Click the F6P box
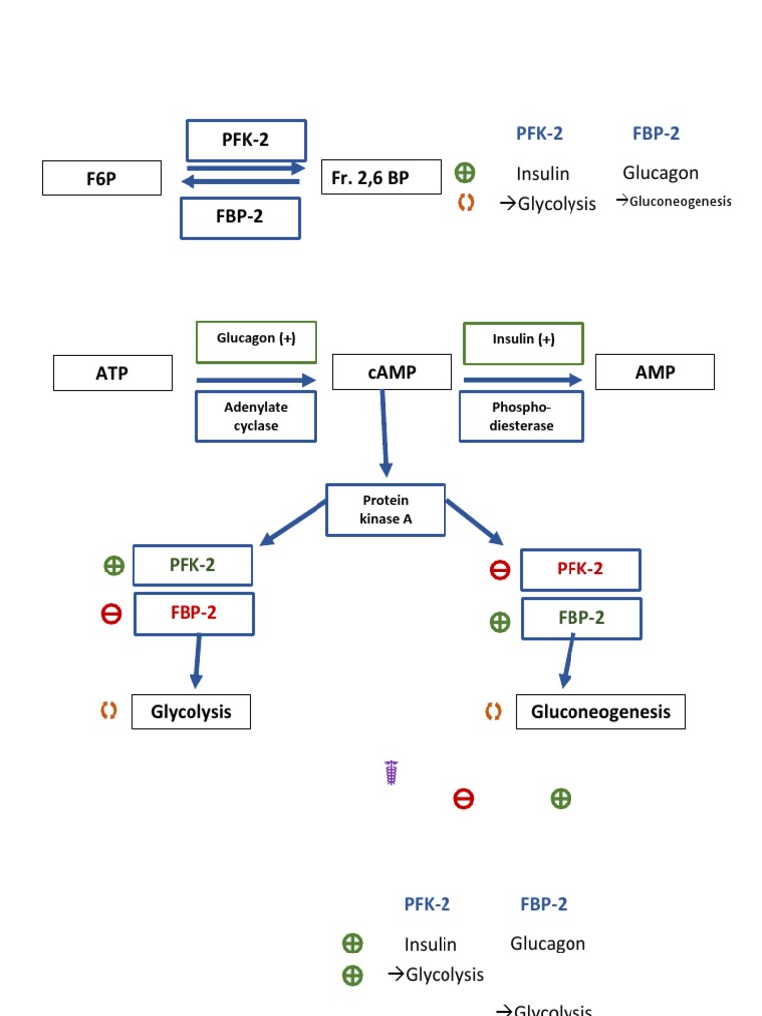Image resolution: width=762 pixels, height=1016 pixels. [x=101, y=178]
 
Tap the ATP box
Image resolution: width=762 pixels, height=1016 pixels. [x=112, y=373]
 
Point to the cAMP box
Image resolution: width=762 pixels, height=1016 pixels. [x=392, y=373]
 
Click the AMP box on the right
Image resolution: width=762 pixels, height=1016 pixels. [x=654, y=372]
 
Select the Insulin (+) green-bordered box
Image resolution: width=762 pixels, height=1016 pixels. [x=524, y=340]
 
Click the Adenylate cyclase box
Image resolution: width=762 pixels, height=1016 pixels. [x=256, y=416]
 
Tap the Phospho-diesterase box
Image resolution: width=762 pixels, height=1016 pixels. [x=522, y=416]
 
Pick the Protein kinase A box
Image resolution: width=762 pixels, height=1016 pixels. [x=386, y=510]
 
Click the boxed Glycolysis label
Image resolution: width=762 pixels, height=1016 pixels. [x=190, y=711]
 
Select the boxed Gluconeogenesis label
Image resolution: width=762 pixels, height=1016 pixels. [x=600, y=712]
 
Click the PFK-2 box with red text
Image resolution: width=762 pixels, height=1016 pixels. [x=580, y=570]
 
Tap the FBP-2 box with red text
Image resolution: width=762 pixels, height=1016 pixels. [x=193, y=613]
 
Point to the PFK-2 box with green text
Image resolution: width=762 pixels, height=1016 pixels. [x=192, y=565]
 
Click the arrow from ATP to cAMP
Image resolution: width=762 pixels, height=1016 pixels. [x=256, y=380]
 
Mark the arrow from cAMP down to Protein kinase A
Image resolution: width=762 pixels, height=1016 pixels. [x=385, y=433]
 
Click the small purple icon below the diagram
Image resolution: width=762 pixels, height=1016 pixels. [x=391, y=773]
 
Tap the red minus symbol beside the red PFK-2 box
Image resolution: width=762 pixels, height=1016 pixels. [x=500, y=570]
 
